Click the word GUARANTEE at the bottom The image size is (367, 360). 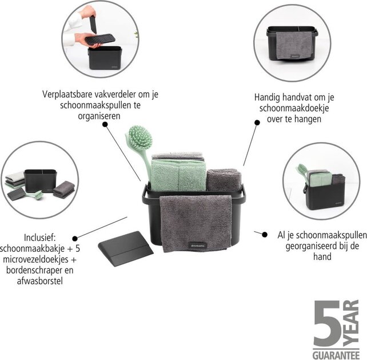click(x=337, y=354)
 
